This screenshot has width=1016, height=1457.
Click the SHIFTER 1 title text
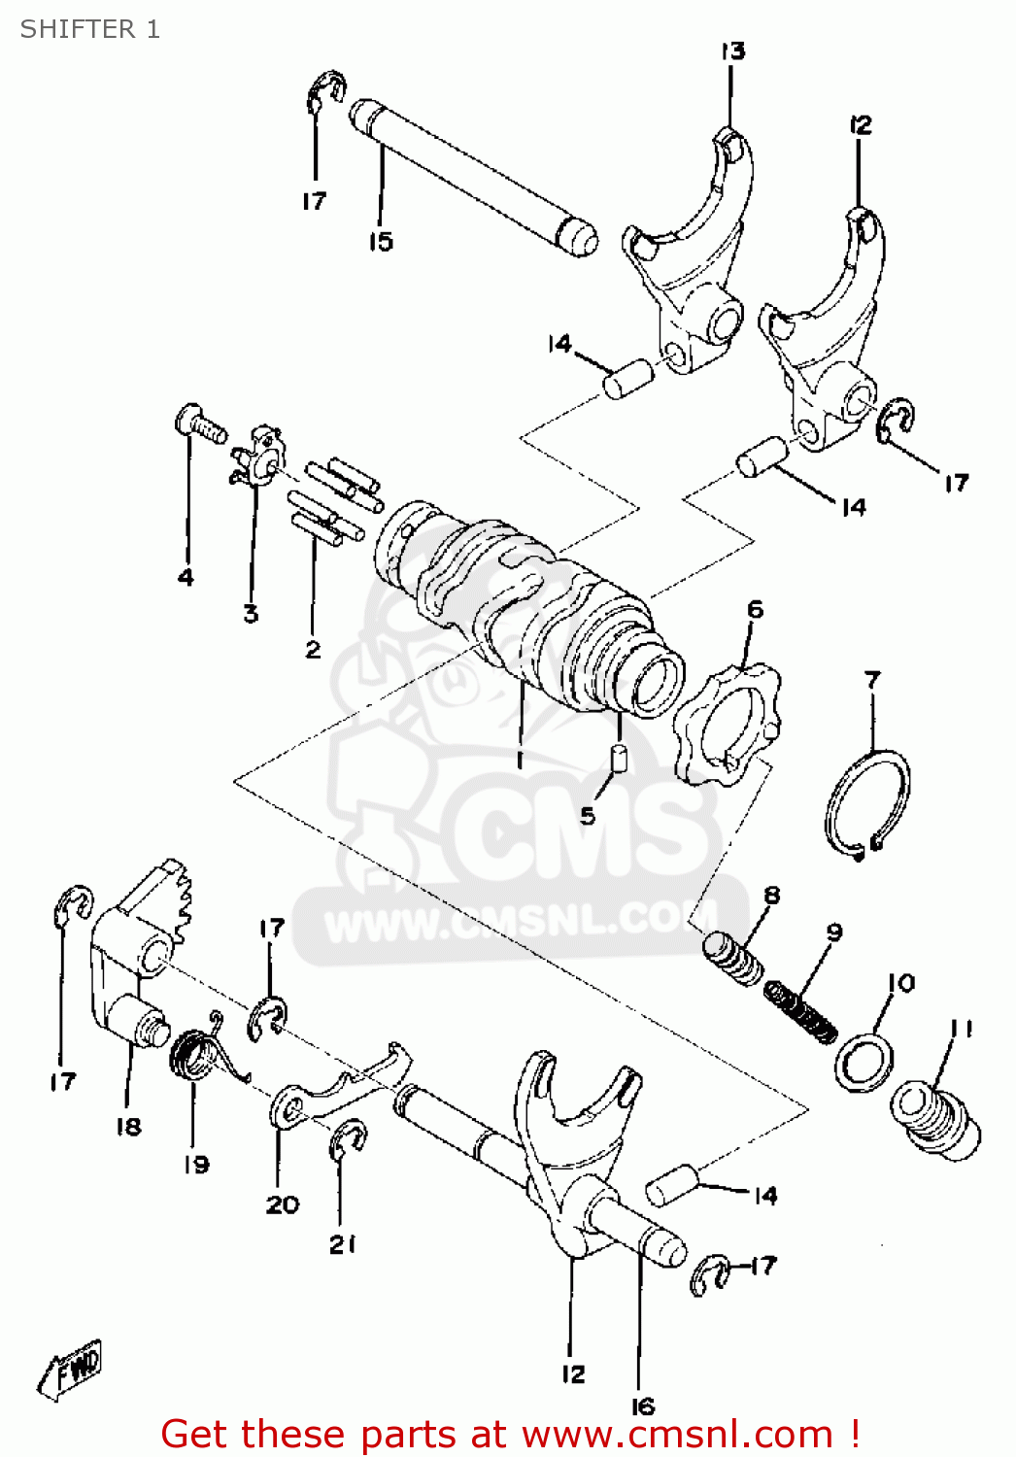click(x=89, y=29)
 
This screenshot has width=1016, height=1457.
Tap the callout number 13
click(x=732, y=51)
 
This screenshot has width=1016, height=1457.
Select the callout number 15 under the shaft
click(x=380, y=242)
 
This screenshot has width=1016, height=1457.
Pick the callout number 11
click(x=962, y=1028)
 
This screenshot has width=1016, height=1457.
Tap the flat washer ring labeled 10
click(x=864, y=1064)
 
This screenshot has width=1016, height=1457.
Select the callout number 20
click(x=283, y=1204)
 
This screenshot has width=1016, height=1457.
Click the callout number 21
click(x=342, y=1244)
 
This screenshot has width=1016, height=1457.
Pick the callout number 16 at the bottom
click(x=643, y=1406)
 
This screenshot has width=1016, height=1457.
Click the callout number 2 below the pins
click(x=313, y=649)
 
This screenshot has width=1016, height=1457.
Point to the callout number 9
click(x=834, y=932)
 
